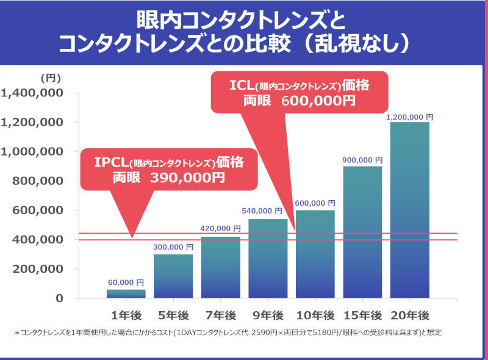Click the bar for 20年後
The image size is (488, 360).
point(409,210)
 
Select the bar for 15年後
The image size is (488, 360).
point(362,232)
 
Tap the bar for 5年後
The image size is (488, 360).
point(173,276)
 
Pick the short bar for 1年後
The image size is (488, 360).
point(126,293)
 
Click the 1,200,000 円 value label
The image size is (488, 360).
point(410,117)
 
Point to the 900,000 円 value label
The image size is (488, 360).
point(362,160)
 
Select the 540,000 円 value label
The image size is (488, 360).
point(268,211)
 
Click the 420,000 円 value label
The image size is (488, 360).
point(221,228)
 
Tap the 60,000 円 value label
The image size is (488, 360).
point(126,283)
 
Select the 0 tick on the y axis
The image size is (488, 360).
point(60,298)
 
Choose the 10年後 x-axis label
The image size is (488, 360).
point(315,315)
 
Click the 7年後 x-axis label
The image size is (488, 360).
point(220,315)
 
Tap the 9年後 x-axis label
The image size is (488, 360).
point(268,315)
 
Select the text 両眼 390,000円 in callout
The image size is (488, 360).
point(168,178)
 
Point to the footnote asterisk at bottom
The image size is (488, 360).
point(17,333)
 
